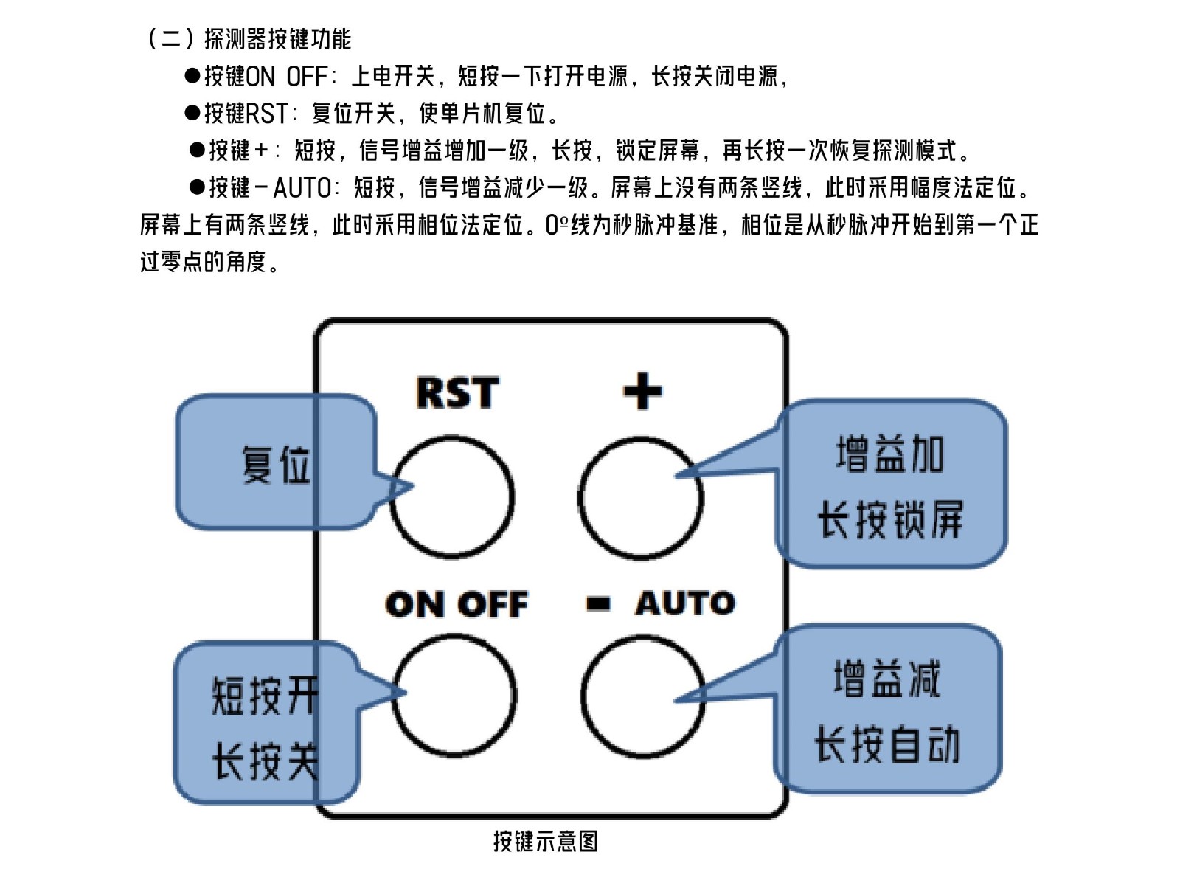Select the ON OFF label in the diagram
[x=457, y=604]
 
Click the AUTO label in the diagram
[x=685, y=603]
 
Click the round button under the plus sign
[x=640, y=498]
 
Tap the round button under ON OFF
[x=454, y=695]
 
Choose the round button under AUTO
[x=642, y=695]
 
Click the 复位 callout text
[x=276, y=464]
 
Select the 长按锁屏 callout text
[x=890, y=519]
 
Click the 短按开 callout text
[x=265, y=695]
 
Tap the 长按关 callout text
[x=265, y=761]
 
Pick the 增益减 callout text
[x=887, y=679]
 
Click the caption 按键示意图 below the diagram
[x=545, y=841]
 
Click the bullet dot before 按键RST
[x=192, y=113]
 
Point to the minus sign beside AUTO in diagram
[x=598, y=604]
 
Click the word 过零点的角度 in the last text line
[x=203, y=261]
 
